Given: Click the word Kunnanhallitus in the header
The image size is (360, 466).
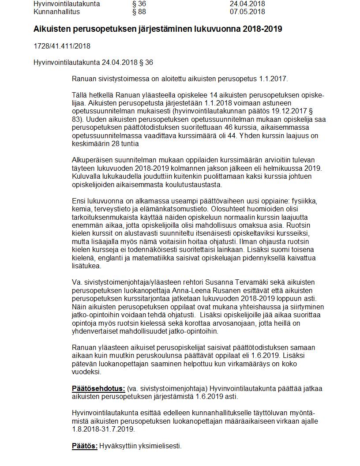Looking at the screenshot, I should click(54, 12).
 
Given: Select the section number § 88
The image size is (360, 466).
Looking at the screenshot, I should click(139, 12).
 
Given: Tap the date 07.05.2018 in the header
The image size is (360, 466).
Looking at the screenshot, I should click(247, 12).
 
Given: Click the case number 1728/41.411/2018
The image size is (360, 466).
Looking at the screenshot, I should click(62, 46).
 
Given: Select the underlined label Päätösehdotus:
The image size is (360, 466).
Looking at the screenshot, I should click(98, 389).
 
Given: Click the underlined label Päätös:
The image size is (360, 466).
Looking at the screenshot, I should click(85, 446).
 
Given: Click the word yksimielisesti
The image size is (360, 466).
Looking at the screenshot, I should click(161, 446).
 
